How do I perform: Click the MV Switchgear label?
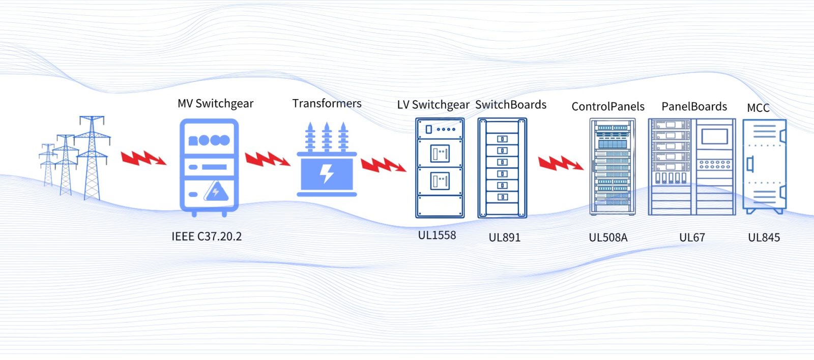click(215, 104)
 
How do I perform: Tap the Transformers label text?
click(327, 104)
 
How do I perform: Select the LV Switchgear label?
click(433, 105)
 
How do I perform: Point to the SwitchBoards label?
click(511, 105)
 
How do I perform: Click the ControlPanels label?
click(608, 107)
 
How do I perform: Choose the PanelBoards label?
click(694, 107)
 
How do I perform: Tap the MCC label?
click(758, 108)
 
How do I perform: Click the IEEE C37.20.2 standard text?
click(207, 236)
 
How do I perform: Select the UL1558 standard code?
click(437, 235)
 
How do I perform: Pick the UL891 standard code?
click(505, 237)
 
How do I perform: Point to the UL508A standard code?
click(608, 237)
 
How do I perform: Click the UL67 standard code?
click(692, 237)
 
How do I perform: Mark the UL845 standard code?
click(764, 237)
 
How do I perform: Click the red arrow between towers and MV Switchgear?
click(143, 159)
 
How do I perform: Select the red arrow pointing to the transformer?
click(267, 159)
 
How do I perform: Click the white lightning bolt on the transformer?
click(327, 173)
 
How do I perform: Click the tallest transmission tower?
click(92, 158)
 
